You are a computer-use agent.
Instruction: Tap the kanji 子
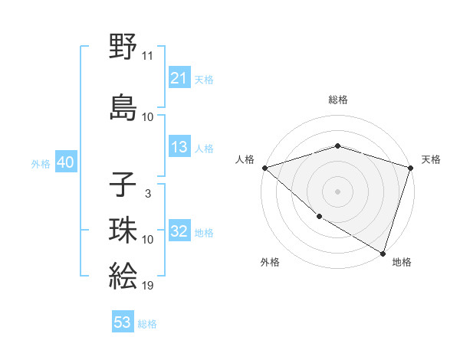click(123, 185)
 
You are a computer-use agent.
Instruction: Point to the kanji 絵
click(123, 275)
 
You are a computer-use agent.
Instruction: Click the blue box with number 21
click(179, 78)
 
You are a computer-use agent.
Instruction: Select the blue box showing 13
click(179, 147)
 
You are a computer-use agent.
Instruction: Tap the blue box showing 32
click(179, 231)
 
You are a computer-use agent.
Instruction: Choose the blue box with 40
click(65, 163)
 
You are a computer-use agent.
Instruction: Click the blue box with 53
click(123, 322)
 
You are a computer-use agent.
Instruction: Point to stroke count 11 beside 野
click(148, 56)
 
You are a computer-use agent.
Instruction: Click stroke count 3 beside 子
click(147, 194)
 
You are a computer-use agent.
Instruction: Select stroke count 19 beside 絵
click(148, 286)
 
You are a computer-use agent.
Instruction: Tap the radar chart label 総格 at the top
click(338, 100)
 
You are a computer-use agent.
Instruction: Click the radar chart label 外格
click(270, 262)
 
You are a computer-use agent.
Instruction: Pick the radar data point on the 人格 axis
click(264, 168)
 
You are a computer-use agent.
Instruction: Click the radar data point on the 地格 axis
click(383, 252)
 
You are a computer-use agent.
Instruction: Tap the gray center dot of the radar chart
click(338, 191)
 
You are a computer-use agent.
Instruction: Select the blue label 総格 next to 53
click(147, 324)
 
